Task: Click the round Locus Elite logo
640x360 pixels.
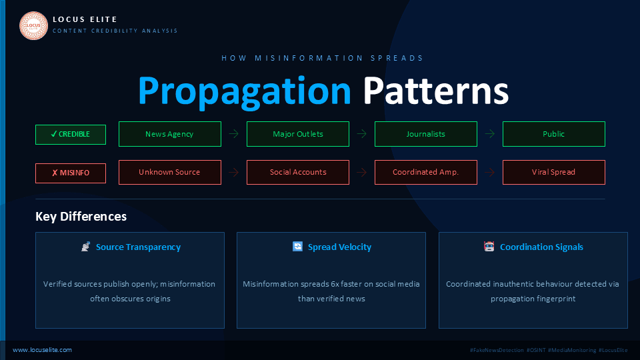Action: point(33,26)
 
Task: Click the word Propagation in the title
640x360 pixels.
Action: point(245,91)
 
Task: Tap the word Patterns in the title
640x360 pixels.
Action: point(436,91)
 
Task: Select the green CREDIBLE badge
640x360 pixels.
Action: point(71,134)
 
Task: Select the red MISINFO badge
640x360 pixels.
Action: point(71,173)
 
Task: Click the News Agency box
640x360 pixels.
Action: point(170,134)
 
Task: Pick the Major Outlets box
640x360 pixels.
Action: point(298,134)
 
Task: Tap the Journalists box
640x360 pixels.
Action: point(426,134)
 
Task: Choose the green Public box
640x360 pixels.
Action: point(554,134)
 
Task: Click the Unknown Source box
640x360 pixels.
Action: point(170,172)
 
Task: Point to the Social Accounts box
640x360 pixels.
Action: point(298,172)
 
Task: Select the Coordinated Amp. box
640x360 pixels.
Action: point(426,172)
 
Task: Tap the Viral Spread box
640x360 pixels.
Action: point(554,172)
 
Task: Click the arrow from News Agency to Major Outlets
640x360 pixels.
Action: point(234,134)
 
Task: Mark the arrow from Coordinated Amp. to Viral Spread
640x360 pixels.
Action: point(490,172)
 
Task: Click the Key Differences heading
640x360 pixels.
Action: point(81,216)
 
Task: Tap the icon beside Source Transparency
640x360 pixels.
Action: point(86,247)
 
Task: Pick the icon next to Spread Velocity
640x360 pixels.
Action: point(297,247)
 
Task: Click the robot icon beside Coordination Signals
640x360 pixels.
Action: point(489,247)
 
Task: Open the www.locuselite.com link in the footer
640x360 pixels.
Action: point(42,350)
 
